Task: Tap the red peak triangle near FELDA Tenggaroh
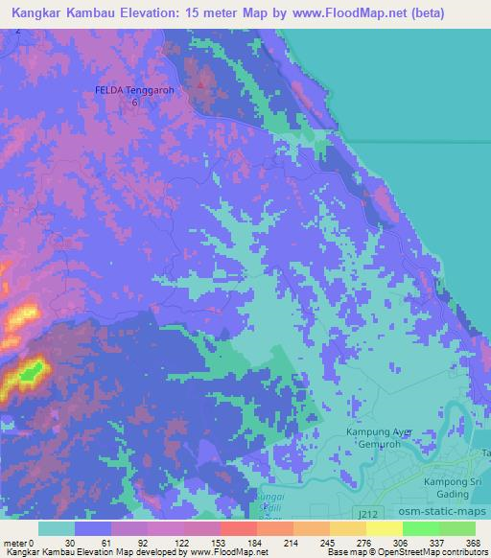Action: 200,84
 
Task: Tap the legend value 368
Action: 472,542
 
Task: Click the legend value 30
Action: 69,542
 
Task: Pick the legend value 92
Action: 142,542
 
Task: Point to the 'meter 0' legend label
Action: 19,542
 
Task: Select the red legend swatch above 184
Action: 238,528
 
